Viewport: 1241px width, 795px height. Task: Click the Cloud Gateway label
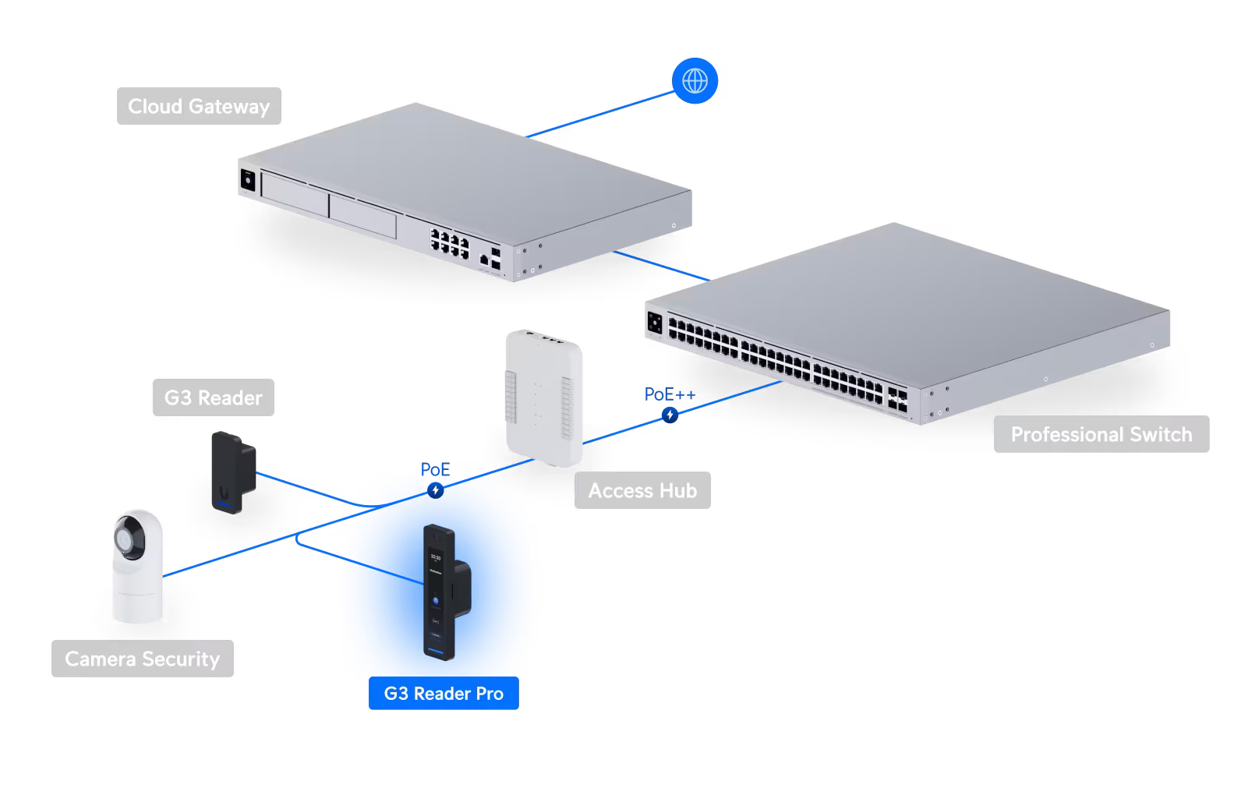(199, 106)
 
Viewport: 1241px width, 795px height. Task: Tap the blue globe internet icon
(695, 80)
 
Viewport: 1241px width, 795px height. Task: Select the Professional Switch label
(1101, 434)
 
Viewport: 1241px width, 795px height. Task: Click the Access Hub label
(642, 490)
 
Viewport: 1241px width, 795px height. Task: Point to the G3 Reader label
(213, 397)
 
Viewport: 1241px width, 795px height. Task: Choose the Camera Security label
(142, 659)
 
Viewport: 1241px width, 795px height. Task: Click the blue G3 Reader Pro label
(444, 693)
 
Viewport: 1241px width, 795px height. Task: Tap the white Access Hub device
(543, 397)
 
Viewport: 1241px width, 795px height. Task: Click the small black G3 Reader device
(232, 472)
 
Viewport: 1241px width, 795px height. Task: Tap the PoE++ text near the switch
(669, 394)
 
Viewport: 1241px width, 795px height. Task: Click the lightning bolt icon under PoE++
(670, 415)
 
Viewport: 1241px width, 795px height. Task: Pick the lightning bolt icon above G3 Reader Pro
(436, 490)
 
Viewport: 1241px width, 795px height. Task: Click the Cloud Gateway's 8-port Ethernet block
(450, 242)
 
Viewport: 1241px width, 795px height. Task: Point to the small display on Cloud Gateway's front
(248, 180)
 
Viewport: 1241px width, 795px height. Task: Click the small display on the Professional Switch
(655, 323)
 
